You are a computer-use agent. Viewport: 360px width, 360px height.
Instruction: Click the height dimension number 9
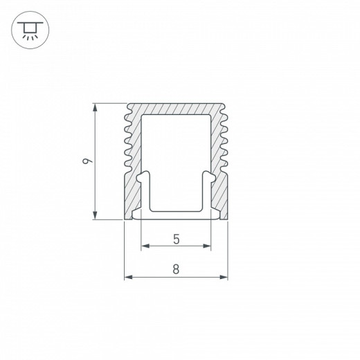tap(84, 162)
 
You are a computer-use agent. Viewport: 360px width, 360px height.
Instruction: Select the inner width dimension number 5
tap(177, 240)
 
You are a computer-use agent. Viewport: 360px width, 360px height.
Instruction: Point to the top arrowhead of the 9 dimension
tap(94, 107)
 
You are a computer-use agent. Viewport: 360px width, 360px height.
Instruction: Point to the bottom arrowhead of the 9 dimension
tap(94, 217)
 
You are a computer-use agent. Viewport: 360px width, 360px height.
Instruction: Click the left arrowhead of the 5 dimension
tap(144, 246)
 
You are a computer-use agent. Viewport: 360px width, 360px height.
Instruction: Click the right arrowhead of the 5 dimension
tap(208, 246)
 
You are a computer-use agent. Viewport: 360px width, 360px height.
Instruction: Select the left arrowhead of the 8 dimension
tap(127, 278)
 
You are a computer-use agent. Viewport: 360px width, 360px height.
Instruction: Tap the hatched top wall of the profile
tap(177, 110)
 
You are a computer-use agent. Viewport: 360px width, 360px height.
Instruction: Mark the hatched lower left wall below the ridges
tap(132, 197)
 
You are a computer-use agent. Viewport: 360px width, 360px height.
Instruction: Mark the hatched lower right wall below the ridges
tap(221, 197)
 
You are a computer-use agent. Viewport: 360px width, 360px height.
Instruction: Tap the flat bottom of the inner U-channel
tap(177, 211)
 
